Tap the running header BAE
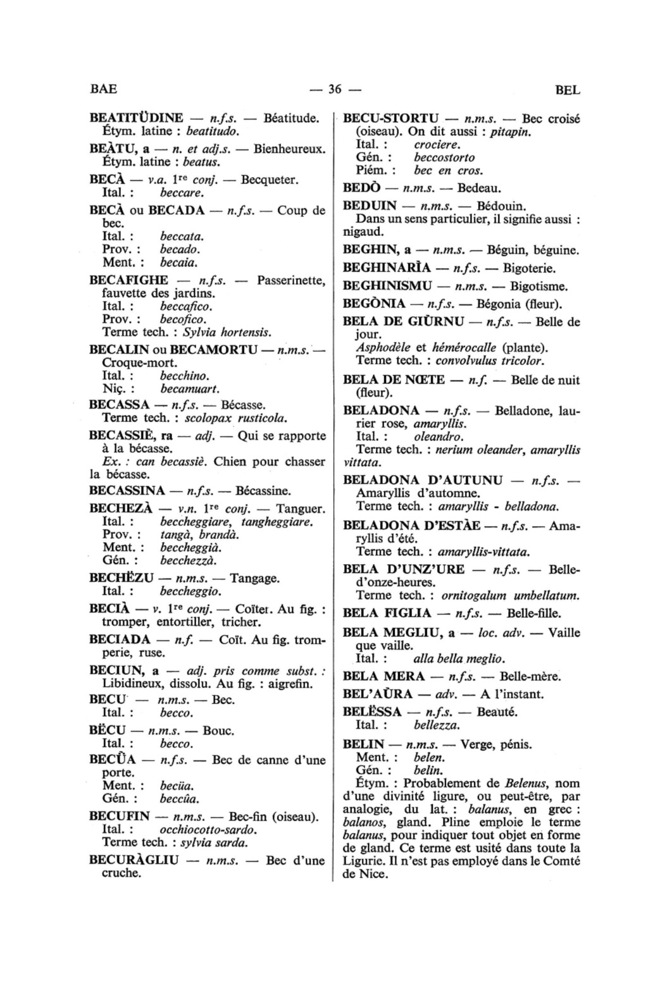click(104, 89)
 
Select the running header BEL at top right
click(567, 90)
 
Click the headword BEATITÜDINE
click(136, 118)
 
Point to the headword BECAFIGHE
click(129, 280)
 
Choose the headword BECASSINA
click(127, 490)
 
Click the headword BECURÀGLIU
click(134, 860)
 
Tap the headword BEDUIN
click(370, 206)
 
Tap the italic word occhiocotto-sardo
click(208, 829)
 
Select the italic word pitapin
click(510, 132)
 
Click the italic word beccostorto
click(444, 157)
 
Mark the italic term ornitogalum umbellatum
click(511, 595)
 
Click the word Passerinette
click(291, 280)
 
